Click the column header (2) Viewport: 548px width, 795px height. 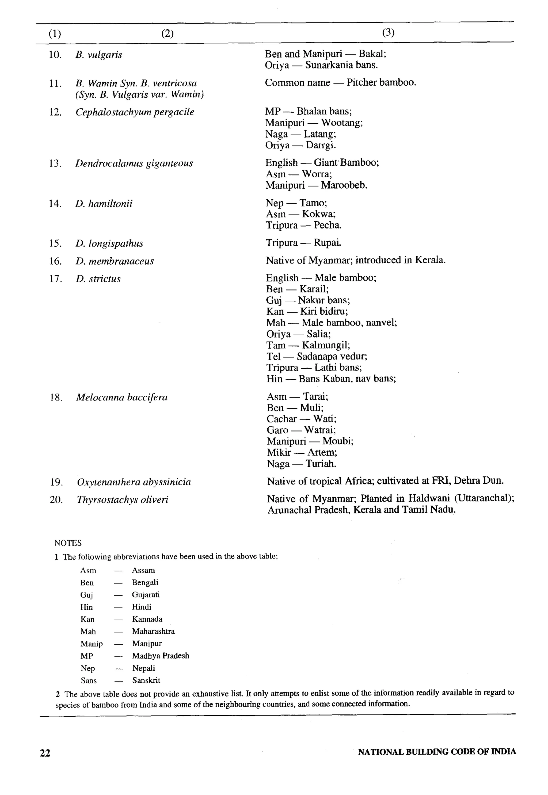[x=167, y=34]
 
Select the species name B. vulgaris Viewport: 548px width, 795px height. [x=98, y=55]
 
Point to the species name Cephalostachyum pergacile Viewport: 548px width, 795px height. [x=135, y=112]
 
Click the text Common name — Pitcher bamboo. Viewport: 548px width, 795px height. [x=340, y=82]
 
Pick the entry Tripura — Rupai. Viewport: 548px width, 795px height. [x=303, y=243]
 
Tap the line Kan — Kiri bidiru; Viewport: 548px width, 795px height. [x=307, y=311]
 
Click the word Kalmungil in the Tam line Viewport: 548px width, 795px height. [x=325, y=345]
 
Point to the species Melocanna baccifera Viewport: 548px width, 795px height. [x=122, y=397]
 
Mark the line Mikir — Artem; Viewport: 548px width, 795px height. [x=302, y=452]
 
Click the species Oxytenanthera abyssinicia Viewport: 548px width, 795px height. [x=134, y=482]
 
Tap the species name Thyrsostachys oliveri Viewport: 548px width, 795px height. [x=123, y=499]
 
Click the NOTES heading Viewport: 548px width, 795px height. [x=68, y=543]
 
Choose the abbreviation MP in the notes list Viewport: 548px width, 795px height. [x=86, y=656]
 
